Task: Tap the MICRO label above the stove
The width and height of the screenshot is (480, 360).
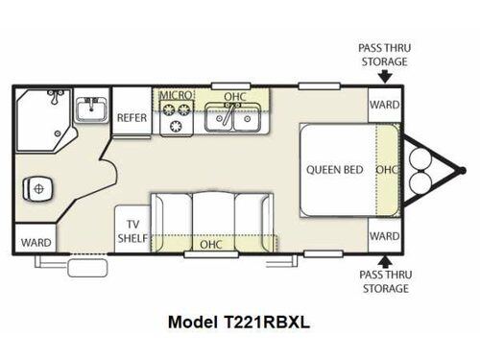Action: [177, 96]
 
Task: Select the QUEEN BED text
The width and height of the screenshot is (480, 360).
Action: [334, 170]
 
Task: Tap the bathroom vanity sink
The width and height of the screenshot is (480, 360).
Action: [91, 110]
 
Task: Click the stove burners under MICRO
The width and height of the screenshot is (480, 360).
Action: [177, 118]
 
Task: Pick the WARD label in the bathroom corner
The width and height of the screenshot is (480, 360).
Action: [36, 242]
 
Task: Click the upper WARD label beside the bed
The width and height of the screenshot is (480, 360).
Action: [385, 105]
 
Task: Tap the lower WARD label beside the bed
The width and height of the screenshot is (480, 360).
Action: [385, 236]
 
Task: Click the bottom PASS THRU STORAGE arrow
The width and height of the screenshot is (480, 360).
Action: [383, 262]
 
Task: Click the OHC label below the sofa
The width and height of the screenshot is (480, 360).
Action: [211, 244]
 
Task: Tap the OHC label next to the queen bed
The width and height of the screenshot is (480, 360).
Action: [386, 170]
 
